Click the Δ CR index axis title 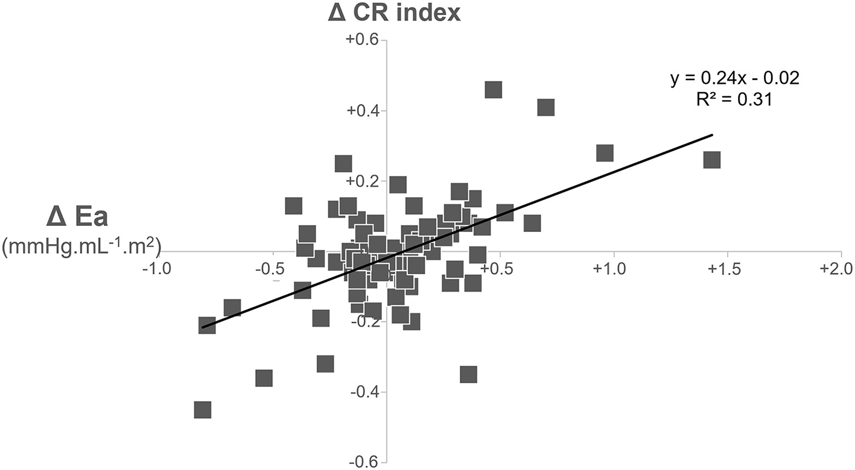click(x=394, y=13)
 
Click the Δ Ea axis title click(x=77, y=218)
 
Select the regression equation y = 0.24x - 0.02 click(x=735, y=79)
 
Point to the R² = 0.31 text click(x=734, y=100)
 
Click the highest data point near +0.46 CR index click(x=493, y=90)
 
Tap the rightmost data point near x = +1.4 click(x=712, y=160)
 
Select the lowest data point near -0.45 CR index click(x=203, y=410)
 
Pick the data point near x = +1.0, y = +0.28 click(x=605, y=153)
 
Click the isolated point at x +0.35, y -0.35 click(x=468, y=374)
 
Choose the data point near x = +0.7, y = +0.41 click(x=545, y=107)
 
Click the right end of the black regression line click(x=713, y=135)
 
